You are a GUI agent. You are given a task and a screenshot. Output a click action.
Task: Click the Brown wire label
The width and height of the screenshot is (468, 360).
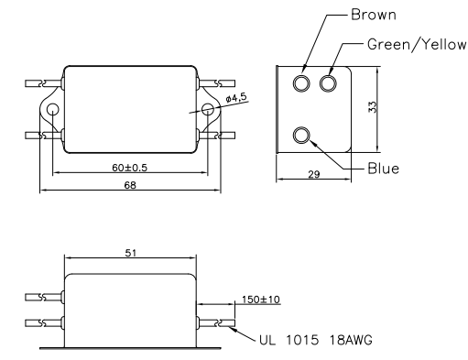(374, 15)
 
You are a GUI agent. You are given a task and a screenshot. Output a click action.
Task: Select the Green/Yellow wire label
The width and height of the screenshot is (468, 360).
(417, 45)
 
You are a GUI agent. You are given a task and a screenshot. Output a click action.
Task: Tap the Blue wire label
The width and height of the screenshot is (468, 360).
(384, 169)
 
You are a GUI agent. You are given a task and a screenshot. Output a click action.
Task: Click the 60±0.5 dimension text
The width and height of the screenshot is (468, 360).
(130, 168)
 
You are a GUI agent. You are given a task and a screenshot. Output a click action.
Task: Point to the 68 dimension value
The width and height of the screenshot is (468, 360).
(130, 185)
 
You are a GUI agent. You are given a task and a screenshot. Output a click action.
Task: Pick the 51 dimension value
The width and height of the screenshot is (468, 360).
(131, 253)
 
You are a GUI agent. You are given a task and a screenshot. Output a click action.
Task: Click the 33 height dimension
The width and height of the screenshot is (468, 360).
(373, 107)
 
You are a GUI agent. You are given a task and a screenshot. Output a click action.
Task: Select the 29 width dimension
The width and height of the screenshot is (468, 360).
(314, 174)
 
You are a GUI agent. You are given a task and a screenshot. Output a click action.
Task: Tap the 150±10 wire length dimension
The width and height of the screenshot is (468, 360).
(261, 300)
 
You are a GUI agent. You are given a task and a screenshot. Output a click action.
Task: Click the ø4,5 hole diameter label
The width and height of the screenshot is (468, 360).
(235, 97)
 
